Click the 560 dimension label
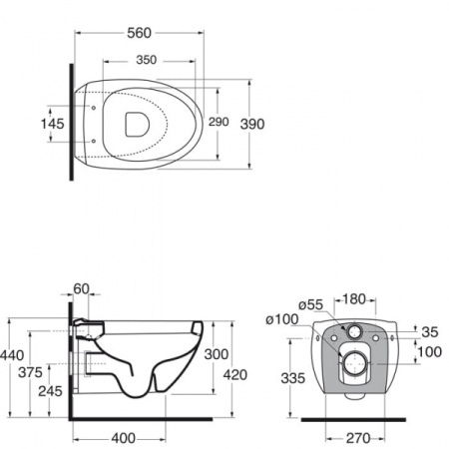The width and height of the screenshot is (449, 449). (x=139, y=33)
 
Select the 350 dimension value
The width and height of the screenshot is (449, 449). (x=147, y=60)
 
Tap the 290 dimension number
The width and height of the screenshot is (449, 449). (x=219, y=122)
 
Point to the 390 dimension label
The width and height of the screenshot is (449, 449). (x=252, y=124)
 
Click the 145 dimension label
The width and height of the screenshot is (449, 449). (x=52, y=124)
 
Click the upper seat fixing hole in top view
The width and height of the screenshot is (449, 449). (x=94, y=108)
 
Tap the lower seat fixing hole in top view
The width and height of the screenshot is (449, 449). (x=94, y=141)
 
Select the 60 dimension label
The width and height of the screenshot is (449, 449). (x=81, y=289)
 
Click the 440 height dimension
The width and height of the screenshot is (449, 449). (x=12, y=355)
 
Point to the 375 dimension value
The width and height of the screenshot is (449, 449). (x=30, y=372)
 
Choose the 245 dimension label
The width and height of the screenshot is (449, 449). (x=50, y=391)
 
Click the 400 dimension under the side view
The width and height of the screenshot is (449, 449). (x=124, y=438)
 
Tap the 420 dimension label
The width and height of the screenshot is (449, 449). (x=235, y=375)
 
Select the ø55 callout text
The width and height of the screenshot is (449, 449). (x=310, y=304)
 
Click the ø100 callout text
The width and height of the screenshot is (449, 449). (x=282, y=319)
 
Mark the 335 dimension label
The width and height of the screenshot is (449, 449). (x=293, y=378)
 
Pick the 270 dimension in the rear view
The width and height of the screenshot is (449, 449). (x=358, y=438)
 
